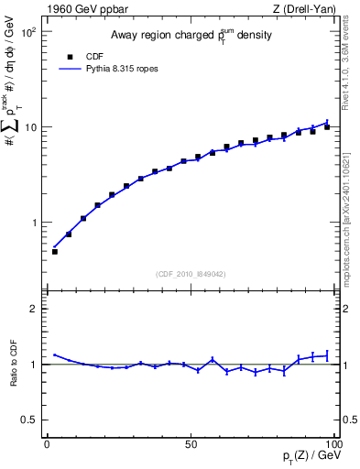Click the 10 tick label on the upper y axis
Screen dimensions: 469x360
click(32, 126)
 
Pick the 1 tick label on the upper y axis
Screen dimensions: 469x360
click(35, 223)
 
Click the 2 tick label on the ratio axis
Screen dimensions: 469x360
click(35, 309)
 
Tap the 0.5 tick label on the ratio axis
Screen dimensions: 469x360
click(30, 420)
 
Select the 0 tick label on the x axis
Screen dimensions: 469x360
click(48, 444)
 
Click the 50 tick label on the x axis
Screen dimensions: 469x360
click(191, 444)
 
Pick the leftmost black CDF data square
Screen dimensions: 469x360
click(54, 252)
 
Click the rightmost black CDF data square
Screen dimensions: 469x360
click(327, 127)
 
